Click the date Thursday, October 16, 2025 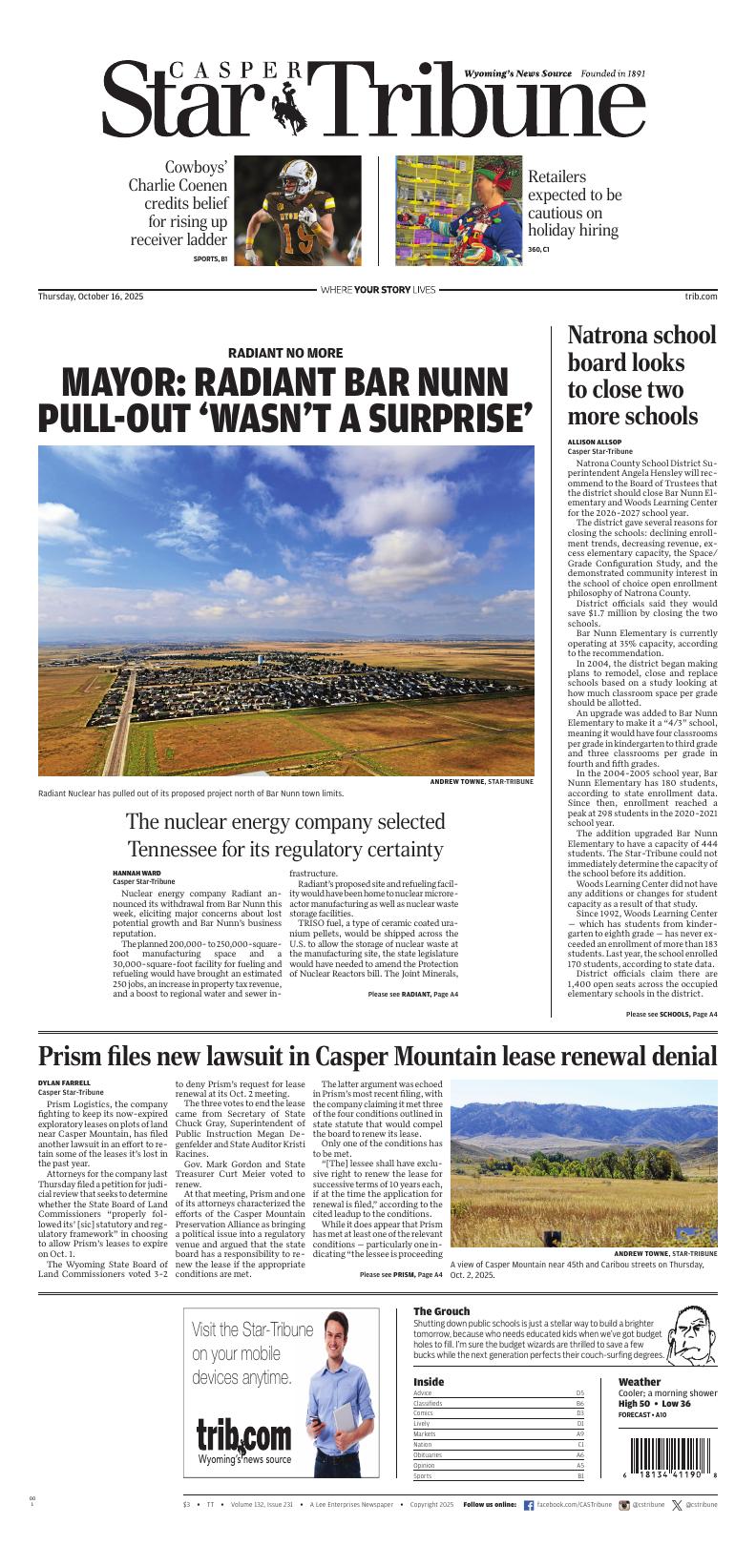tap(90, 297)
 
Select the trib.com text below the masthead tap(701, 297)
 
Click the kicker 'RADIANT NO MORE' tap(285, 353)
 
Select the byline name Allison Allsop tap(594, 442)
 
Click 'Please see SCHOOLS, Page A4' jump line tap(671, 1014)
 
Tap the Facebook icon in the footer tap(529, 1505)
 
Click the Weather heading tap(639, 1382)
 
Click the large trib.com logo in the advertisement tap(243, 1434)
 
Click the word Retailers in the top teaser tap(556, 176)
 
